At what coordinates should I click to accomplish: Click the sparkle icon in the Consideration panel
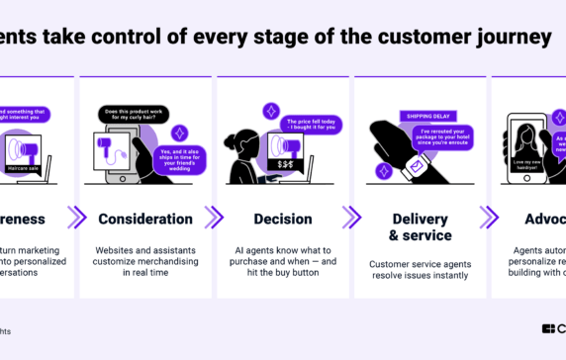pos(179,132)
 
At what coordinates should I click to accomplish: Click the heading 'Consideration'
pos(144,219)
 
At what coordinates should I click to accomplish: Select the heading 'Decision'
pos(282,219)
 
